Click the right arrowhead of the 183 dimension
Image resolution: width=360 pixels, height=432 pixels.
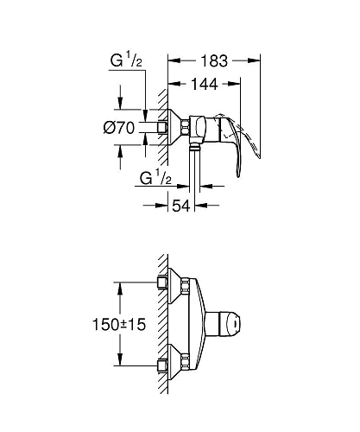(x=256, y=60)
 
